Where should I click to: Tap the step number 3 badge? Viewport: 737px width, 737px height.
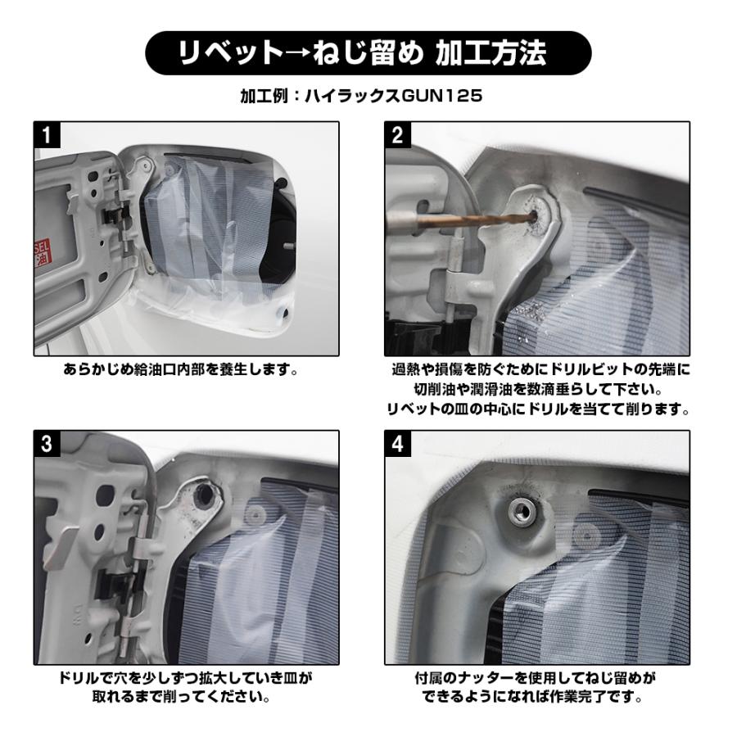tap(47, 444)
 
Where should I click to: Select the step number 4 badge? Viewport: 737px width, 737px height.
tap(398, 444)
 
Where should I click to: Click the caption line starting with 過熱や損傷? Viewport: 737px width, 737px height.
tap(540, 370)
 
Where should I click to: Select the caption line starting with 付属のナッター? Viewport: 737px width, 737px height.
tap(536, 679)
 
